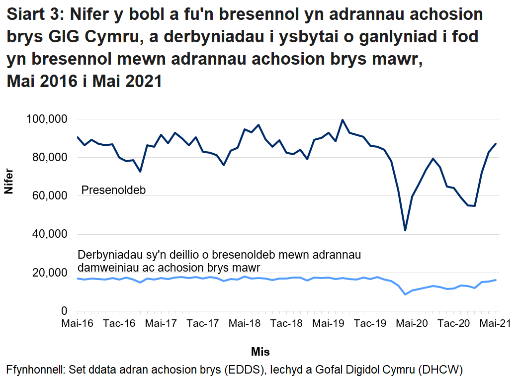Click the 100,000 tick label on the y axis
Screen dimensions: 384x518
pyautogui.click(x=46, y=119)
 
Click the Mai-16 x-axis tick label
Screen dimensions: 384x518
pyautogui.click(x=78, y=324)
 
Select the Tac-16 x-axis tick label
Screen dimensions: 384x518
pyautogui.click(x=120, y=324)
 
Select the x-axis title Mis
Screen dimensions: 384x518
pyautogui.click(x=260, y=352)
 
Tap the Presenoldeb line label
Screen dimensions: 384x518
pyautogui.click(x=113, y=190)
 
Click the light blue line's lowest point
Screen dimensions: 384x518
pyautogui.click(x=405, y=294)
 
